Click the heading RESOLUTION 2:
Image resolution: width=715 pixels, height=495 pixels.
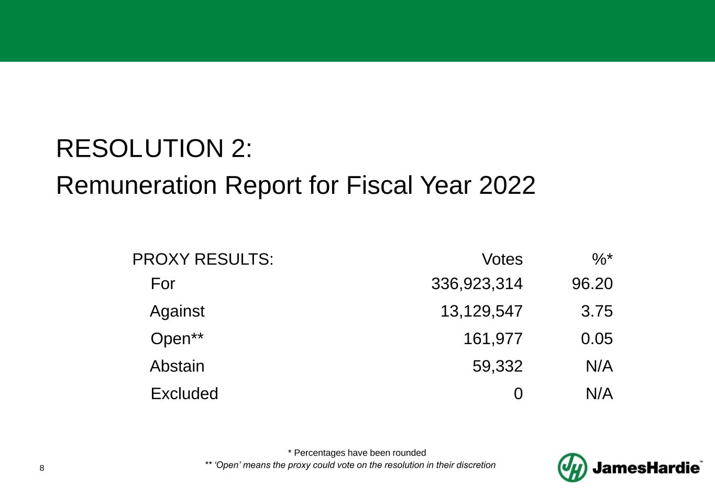154,149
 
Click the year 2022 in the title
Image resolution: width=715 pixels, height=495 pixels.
507,185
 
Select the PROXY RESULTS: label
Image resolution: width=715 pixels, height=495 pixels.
203,259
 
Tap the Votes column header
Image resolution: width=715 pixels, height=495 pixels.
502,259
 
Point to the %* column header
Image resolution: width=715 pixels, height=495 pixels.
602,259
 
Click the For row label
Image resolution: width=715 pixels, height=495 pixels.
163,284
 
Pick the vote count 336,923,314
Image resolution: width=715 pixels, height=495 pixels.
477,284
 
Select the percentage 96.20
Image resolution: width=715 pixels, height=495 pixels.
592,284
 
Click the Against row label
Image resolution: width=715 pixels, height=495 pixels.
177,312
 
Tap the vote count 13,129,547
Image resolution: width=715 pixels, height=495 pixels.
481,312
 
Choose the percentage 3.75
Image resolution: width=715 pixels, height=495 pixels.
597,312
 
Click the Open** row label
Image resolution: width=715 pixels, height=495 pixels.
177,339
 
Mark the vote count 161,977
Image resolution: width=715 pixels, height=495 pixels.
493,339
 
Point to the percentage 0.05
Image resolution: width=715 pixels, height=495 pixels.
597,339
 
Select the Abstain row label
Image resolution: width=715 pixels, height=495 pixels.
177,366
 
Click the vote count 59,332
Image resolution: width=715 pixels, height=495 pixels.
498,366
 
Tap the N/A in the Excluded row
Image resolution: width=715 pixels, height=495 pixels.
599,394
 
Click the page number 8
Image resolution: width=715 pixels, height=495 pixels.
42,468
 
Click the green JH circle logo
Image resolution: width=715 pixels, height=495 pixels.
572,467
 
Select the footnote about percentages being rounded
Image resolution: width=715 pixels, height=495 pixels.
357,453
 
